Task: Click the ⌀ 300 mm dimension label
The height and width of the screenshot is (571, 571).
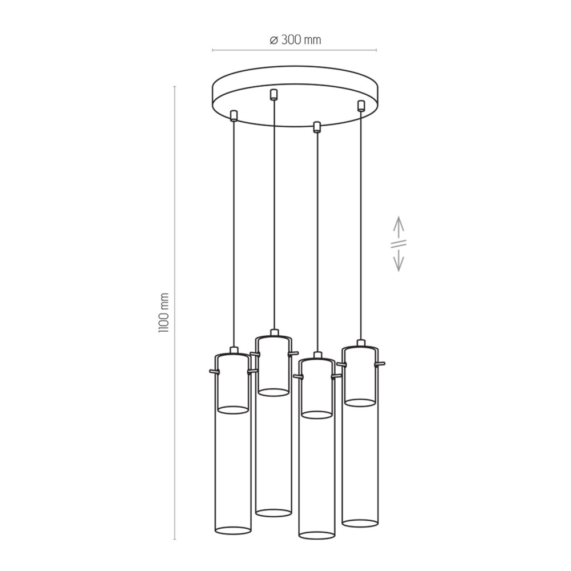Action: pos(295,40)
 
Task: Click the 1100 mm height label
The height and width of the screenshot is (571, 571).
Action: pos(163,312)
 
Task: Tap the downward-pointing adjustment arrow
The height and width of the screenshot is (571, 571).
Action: pos(399,260)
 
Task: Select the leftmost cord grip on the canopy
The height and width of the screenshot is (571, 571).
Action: pos(234,115)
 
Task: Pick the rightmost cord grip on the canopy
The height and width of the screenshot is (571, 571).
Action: pos(361,106)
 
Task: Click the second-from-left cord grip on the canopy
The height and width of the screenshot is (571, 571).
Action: pos(274,94)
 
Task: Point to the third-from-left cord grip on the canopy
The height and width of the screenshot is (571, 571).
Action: pos(317,126)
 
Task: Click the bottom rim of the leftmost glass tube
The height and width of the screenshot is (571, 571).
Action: pos(233,530)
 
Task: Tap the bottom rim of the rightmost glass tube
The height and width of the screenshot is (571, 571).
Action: pos(360,522)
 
